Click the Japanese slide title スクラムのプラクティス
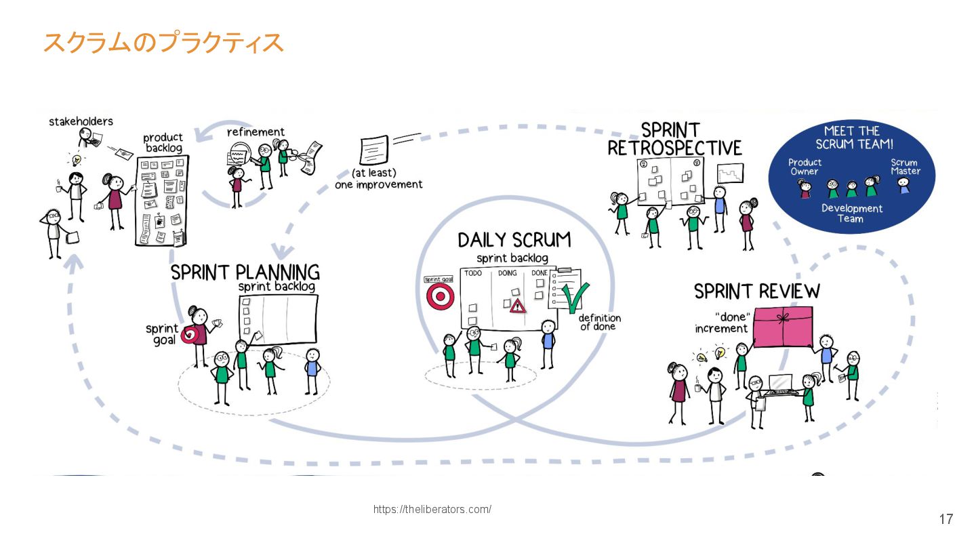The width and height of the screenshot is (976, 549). [x=163, y=43]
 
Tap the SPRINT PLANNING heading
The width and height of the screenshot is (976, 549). [x=245, y=272]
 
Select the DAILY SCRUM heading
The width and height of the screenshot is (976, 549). [x=514, y=240]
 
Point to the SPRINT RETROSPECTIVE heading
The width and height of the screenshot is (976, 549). [x=674, y=139]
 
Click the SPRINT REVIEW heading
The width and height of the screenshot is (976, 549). [x=756, y=291]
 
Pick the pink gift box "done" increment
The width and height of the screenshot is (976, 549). [x=783, y=326]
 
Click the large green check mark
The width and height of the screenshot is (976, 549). [x=575, y=299]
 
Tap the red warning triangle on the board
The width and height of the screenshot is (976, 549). [x=518, y=306]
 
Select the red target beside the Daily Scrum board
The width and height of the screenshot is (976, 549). [x=440, y=296]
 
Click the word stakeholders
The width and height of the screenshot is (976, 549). [x=81, y=121]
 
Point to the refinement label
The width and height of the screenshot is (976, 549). [x=256, y=131]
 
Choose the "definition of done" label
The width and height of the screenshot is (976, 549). [x=600, y=322]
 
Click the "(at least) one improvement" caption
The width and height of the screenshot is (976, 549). [x=378, y=179]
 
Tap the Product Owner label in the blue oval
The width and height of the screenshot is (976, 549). [x=805, y=167]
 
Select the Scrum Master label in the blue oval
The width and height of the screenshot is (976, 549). [x=905, y=167]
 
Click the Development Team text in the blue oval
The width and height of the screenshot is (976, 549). [x=852, y=213]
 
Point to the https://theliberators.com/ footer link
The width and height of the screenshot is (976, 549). [x=432, y=510]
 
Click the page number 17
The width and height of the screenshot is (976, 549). [x=945, y=519]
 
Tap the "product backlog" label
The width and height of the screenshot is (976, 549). [x=163, y=142]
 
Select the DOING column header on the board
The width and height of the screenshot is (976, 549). [x=507, y=273]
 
